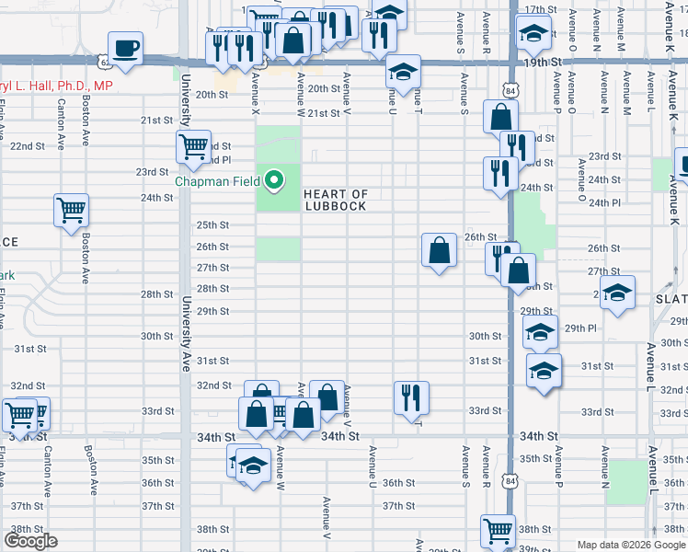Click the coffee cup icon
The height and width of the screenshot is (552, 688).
coord(125,48)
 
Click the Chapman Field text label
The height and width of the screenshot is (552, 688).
coord(218,181)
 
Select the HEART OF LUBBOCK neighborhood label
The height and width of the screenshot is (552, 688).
coord(335,200)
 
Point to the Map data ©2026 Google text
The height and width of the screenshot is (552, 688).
coord(632,545)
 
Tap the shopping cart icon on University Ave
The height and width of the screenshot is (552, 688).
coord(193,146)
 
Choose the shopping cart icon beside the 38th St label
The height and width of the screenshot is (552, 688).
coord(498,530)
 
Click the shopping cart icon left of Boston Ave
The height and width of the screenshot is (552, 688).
coord(70,211)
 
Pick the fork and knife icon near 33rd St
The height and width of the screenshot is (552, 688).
coord(410,397)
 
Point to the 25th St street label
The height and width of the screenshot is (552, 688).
coord(213,225)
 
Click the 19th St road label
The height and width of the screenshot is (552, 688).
coord(543,62)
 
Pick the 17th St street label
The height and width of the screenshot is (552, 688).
coord(541,9)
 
